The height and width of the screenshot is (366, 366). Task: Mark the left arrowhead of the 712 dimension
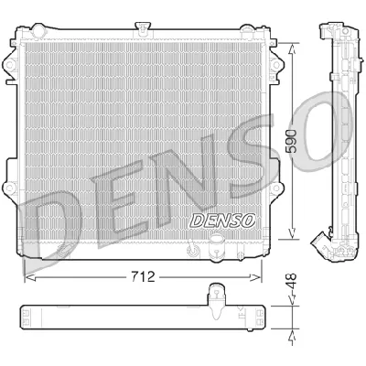(x=26, y=273)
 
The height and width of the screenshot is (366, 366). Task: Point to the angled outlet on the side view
(x=320, y=240)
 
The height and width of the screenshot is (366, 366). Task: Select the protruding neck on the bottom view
(x=217, y=296)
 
